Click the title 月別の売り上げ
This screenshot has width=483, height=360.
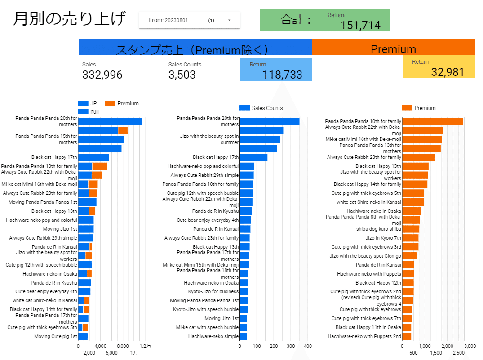tap(70, 19)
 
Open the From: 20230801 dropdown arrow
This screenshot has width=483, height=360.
tap(229, 20)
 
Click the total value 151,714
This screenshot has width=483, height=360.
tap(360, 25)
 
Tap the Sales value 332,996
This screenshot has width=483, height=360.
tap(102, 75)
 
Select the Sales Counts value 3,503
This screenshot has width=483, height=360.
tap(182, 75)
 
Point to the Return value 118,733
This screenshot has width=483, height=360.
tap(282, 75)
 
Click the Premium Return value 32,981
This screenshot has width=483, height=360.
tap(448, 72)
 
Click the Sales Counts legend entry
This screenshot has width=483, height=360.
tap(261, 108)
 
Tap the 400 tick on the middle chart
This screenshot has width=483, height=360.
tap(308, 347)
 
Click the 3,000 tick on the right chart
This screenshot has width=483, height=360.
tap(470, 347)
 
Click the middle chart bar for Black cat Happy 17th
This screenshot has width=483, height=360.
tap(253, 157)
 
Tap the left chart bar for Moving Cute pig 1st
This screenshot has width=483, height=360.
tap(83, 336)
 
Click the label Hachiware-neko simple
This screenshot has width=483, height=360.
tap(213, 336)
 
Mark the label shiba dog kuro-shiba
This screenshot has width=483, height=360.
tap(378, 229)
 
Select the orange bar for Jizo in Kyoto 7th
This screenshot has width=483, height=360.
tap(410, 238)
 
